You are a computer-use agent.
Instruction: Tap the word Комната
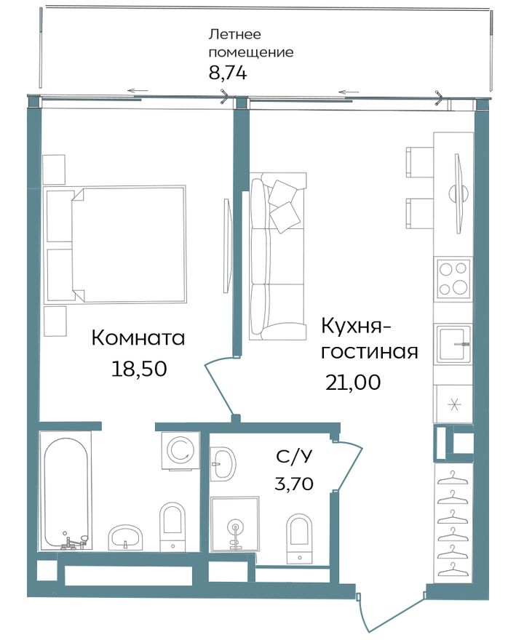coord(138,338)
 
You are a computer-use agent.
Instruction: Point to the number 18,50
coord(139,369)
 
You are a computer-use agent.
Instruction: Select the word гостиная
coord(370,352)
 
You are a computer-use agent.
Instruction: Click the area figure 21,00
coord(353,383)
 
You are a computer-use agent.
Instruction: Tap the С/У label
coord(295,457)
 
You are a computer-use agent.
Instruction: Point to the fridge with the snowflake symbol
coord(453,404)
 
